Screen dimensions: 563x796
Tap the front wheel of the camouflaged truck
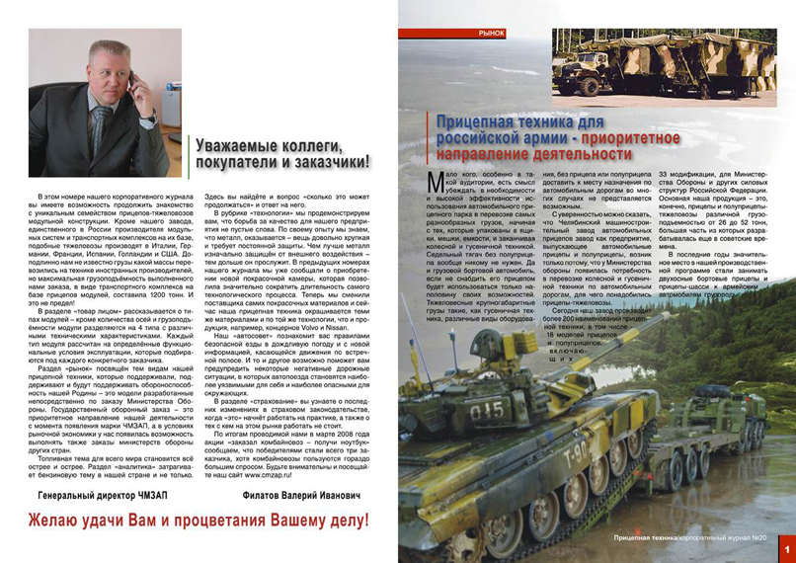pos(589,90)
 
